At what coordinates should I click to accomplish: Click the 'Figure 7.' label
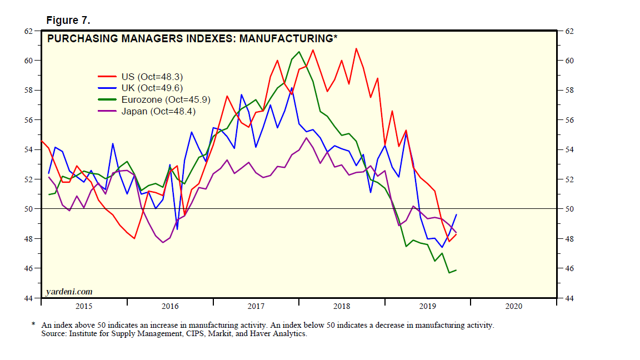click(x=68, y=21)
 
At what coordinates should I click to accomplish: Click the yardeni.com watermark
click(x=69, y=292)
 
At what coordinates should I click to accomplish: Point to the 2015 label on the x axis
click(x=84, y=306)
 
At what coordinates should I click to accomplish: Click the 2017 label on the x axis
click(x=256, y=306)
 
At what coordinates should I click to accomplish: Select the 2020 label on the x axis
click(x=513, y=306)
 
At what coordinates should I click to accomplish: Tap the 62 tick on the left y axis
click(x=29, y=31)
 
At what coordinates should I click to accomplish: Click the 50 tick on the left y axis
click(x=29, y=209)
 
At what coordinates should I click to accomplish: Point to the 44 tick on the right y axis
click(x=568, y=298)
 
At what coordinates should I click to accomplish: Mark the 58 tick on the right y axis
click(x=568, y=91)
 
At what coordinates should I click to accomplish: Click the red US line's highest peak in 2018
click(x=356, y=48)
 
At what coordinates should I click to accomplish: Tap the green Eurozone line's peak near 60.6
click(x=299, y=52)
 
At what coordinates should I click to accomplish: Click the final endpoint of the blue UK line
click(x=457, y=214)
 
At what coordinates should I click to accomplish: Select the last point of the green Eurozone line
click(x=457, y=270)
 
